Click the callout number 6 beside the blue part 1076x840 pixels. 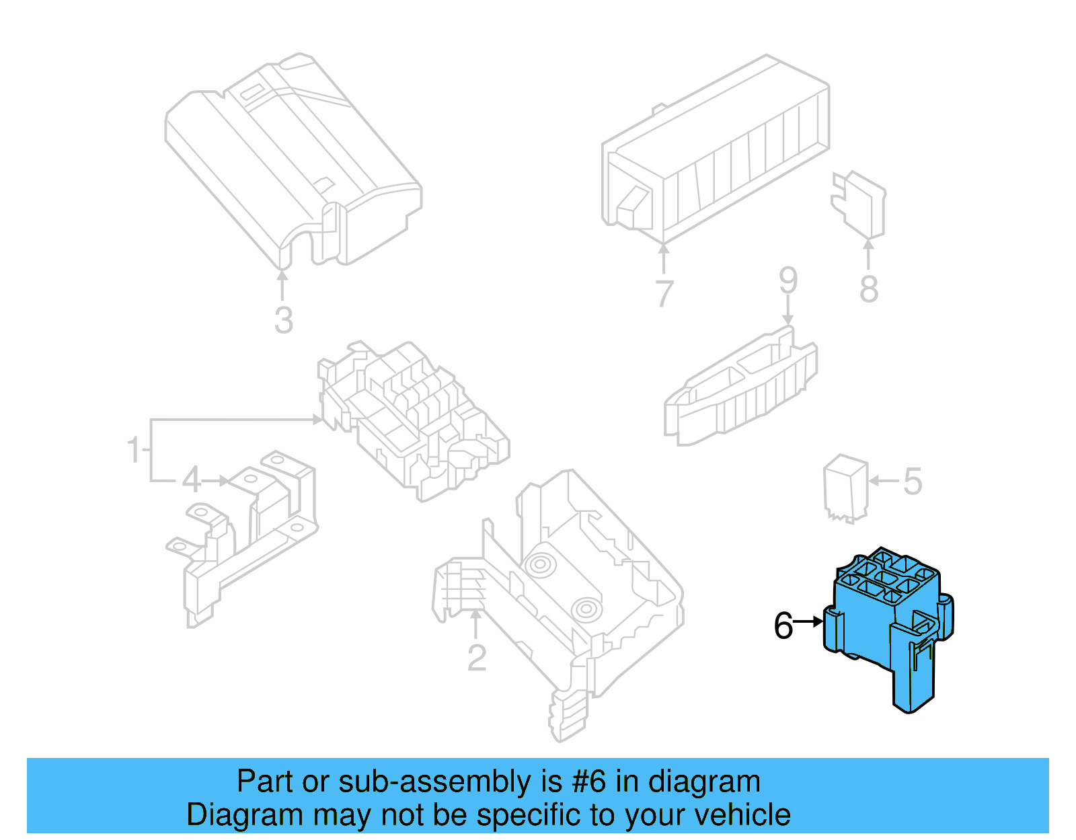pyautogui.click(x=783, y=625)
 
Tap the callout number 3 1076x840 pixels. pyautogui.click(x=283, y=320)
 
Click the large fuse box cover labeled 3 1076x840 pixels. pyautogui.click(x=289, y=161)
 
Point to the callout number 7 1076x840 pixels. pyautogui.click(x=664, y=293)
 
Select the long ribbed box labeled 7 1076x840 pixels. pyautogui.click(x=716, y=148)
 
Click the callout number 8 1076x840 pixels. pyautogui.click(x=869, y=289)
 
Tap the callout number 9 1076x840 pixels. pyautogui.click(x=788, y=280)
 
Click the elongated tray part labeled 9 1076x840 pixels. pyautogui.click(x=740, y=390)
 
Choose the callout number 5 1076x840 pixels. pyautogui.click(x=912, y=482)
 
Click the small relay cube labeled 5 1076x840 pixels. pyautogui.click(x=845, y=488)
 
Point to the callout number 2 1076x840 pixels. pyautogui.click(x=476, y=658)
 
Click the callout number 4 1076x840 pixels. pyautogui.click(x=192, y=481)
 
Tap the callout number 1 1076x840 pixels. pyautogui.click(x=134, y=449)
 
